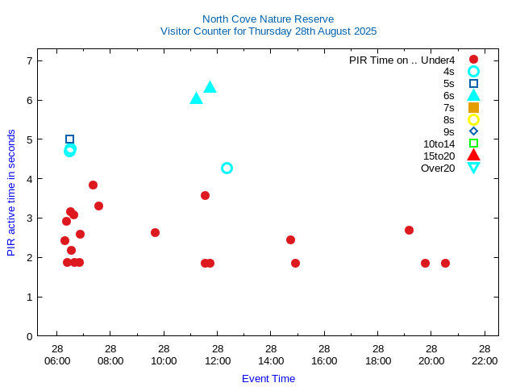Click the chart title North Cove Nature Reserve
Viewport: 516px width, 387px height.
(x=268, y=19)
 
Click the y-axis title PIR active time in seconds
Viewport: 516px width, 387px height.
(x=11, y=192)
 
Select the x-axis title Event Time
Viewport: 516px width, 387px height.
(x=268, y=378)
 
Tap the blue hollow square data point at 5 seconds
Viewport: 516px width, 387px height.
(x=69, y=139)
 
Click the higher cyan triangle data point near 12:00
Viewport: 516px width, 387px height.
(x=210, y=87)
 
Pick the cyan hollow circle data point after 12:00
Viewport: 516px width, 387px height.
(x=227, y=168)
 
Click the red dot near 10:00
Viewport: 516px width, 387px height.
(x=155, y=232)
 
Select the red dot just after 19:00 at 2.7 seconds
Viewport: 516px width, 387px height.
(x=409, y=230)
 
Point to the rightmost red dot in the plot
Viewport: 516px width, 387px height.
(x=445, y=263)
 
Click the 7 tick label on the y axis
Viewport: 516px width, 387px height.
(x=29, y=60)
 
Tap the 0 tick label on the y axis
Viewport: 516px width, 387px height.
(x=29, y=336)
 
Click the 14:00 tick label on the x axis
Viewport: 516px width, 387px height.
(x=271, y=360)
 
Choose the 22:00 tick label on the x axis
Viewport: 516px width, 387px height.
(x=485, y=360)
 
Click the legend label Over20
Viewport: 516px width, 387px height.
(x=438, y=168)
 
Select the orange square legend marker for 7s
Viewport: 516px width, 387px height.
(x=473, y=107)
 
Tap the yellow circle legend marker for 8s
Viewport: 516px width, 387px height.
(x=473, y=119)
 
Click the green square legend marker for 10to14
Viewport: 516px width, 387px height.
(x=473, y=144)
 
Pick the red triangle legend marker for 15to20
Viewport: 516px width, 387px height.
(x=473, y=155)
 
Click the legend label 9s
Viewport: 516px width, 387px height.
(x=449, y=131)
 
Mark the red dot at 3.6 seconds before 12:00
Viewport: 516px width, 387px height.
(x=205, y=195)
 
